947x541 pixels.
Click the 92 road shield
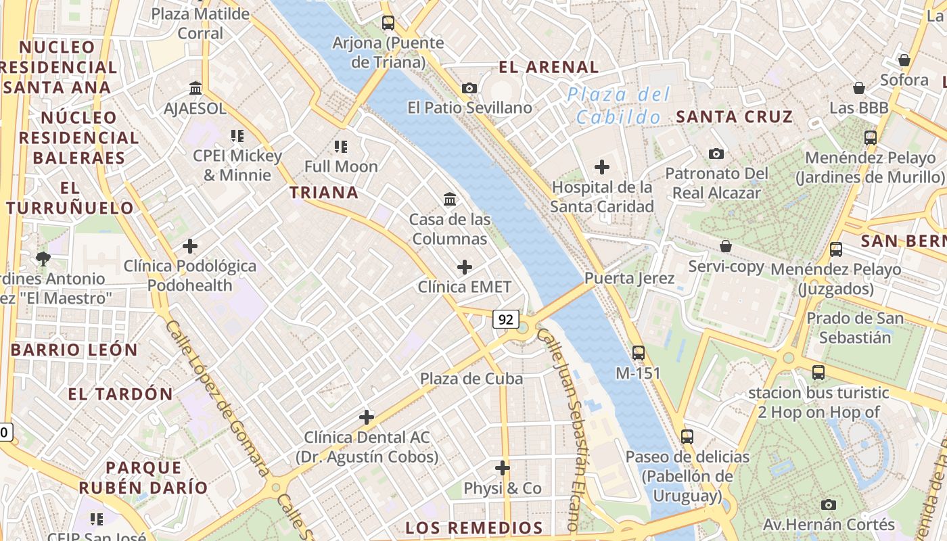pyautogui.click(x=506, y=319)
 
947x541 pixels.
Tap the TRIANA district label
pyautogui.click(x=324, y=193)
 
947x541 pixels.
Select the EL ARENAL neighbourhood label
pyautogui.click(x=549, y=67)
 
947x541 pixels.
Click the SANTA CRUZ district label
pyautogui.click(x=734, y=116)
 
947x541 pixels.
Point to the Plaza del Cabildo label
pyautogui.click(x=618, y=105)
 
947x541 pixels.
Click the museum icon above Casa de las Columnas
pyautogui.click(x=450, y=199)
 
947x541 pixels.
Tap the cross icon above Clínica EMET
pyautogui.click(x=465, y=267)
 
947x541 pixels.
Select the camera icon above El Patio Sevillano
pyautogui.click(x=469, y=88)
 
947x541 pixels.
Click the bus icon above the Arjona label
pyautogui.click(x=388, y=23)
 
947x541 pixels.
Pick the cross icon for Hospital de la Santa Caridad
pyautogui.click(x=601, y=167)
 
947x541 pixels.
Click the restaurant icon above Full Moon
pyautogui.click(x=341, y=146)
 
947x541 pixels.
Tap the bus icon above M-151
pyautogui.click(x=639, y=352)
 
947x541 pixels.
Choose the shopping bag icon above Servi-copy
pyautogui.click(x=726, y=246)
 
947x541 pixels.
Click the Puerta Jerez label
pyautogui.click(x=629, y=279)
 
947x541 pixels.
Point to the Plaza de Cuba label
pyautogui.click(x=471, y=379)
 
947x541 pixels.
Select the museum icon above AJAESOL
pyautogui.click(x=196, y=88)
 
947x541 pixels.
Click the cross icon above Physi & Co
pyautogui.click(x=503, y=468)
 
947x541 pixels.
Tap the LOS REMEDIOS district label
pyautogui.click(x=474, y=528)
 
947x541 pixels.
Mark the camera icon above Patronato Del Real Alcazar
pyautogui.click(x=716, y=154)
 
